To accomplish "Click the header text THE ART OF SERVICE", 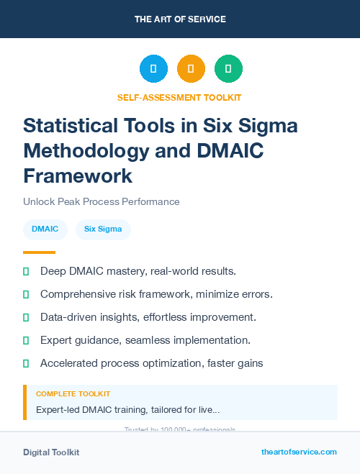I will click(180, 19).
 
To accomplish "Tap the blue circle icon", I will click(153, 69).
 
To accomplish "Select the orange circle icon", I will click(191, 69).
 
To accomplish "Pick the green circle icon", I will click(228, 69).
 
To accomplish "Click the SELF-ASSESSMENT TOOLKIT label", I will click(179, 97).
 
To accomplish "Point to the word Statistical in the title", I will click(69, 126).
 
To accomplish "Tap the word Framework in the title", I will click(78, 176).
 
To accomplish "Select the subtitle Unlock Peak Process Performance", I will click(101, 201).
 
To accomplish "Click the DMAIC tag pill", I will click(45, 229).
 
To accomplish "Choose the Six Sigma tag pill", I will click(103, 229).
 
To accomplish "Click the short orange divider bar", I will click(39, 252).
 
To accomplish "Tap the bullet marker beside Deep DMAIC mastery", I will click(26, 271).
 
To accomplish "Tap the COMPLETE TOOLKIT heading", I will click(73, 394).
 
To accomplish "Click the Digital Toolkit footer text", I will click(51, 452).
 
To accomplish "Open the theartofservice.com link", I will click(299, 452).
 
